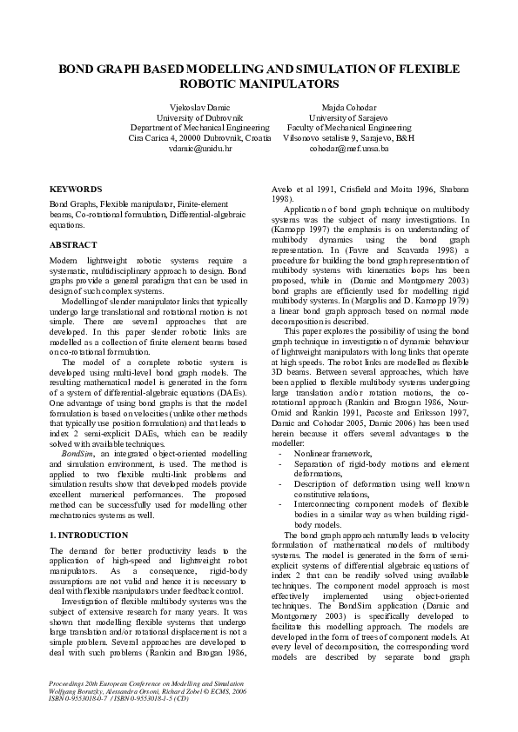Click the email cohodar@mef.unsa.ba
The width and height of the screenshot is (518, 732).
click(x=348, y=149)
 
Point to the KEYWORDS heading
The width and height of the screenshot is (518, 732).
click(x=76, y=188)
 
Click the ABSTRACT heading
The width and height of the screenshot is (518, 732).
click(x=73, y=245)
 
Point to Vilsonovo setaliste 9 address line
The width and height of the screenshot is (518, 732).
click(x=349, y=137)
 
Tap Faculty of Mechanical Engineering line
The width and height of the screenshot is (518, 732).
click(x=348, y=127)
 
